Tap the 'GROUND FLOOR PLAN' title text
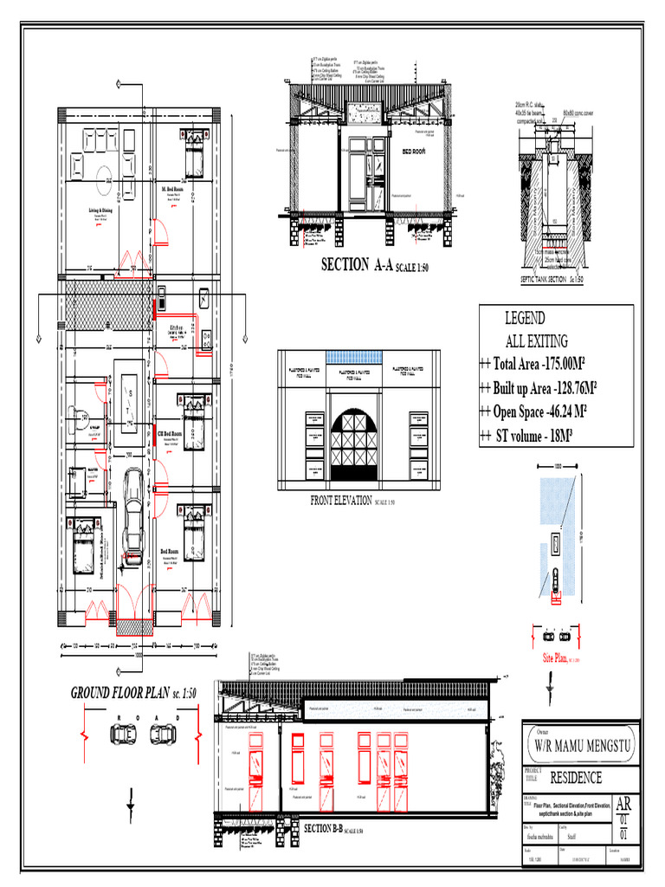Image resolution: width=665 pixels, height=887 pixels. click(x=134, y=694)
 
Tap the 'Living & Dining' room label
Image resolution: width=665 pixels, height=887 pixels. click(x=100, y=210)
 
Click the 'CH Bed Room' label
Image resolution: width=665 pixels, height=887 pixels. click(x=170, y=433)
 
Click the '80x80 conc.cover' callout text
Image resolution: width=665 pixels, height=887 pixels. click(x=578, y=113)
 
